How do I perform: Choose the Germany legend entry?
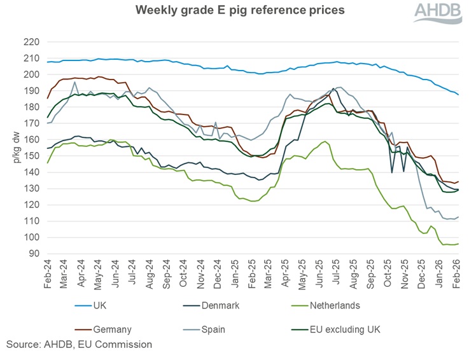pyautogui.click(x=111, y=329)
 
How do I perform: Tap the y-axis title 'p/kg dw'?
pyautogui.click(x=15, y=148)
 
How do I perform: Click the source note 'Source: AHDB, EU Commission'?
pyautogui.click(x=80, y=345)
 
